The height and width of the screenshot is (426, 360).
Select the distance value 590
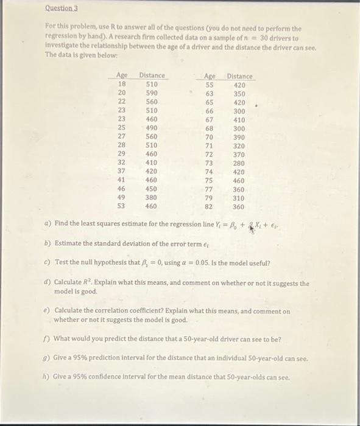click(x=152, y=93)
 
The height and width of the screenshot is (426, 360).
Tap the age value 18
click(x=121, y=84)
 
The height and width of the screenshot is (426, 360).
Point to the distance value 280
click(x=239, y=163)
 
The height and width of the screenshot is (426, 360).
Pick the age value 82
click(x=209, y=206)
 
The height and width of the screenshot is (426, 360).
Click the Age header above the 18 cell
click(x=122, y=75)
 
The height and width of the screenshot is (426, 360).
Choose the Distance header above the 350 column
click(x=239, y=76)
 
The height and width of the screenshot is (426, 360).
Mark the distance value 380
click(x=152, y=197)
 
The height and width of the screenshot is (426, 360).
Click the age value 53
click(x=121, y=206)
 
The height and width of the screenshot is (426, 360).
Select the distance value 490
click(x=152, y=128)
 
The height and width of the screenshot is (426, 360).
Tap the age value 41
click(x=121, y=180)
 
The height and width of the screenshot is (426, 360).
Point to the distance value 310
click(x=239, y=198)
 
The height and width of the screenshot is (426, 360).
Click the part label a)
click(x=47, y=224)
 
